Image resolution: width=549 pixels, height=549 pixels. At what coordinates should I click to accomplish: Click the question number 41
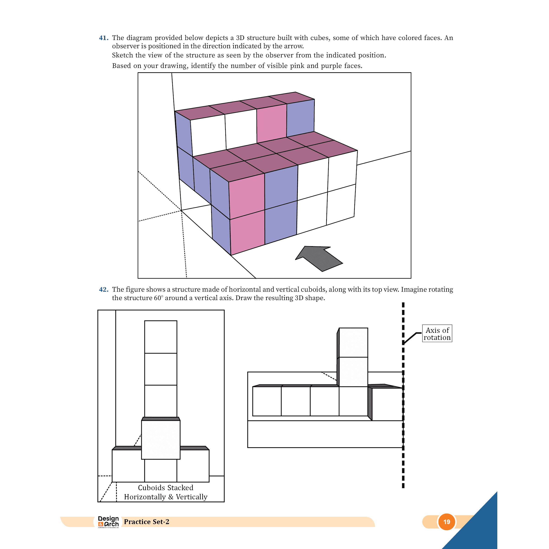click(103, 38)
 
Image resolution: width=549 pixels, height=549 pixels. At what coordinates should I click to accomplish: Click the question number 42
click(103, 290)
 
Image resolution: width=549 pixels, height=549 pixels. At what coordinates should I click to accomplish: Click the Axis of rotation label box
click(437, 334)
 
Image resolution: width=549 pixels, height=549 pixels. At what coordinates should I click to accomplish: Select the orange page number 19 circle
click(447, 522)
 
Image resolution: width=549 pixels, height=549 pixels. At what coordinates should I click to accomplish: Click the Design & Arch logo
click(108, 522)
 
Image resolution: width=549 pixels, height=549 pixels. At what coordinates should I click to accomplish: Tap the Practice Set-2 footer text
click(146, 522)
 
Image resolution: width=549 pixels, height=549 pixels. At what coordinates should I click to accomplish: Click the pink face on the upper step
click(271, 124)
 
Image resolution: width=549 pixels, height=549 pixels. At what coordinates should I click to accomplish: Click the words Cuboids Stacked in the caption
click(165, 488)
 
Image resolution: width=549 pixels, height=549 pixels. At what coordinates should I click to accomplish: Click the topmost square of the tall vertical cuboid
click(161, 337)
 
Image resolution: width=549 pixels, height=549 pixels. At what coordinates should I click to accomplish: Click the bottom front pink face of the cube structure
click(247, 231)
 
